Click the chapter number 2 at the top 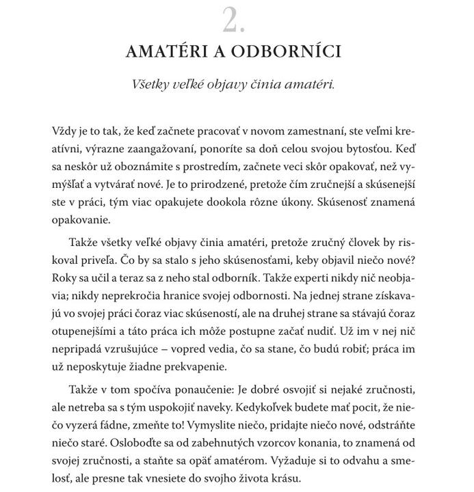[234, 21]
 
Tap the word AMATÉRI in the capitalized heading [169, 52]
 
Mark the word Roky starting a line [64, 279]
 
